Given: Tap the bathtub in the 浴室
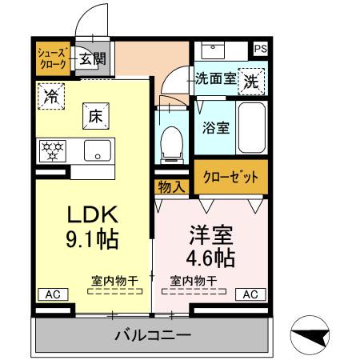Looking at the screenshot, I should tap(252, 127).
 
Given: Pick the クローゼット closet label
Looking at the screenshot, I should tap(230, 177).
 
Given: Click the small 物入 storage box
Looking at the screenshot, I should tap(171, 187).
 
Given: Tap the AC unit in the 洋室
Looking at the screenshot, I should tap(250, 294).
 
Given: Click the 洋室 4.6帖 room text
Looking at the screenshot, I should tap(210, 247).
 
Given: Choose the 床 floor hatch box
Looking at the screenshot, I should tap(94, 117).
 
